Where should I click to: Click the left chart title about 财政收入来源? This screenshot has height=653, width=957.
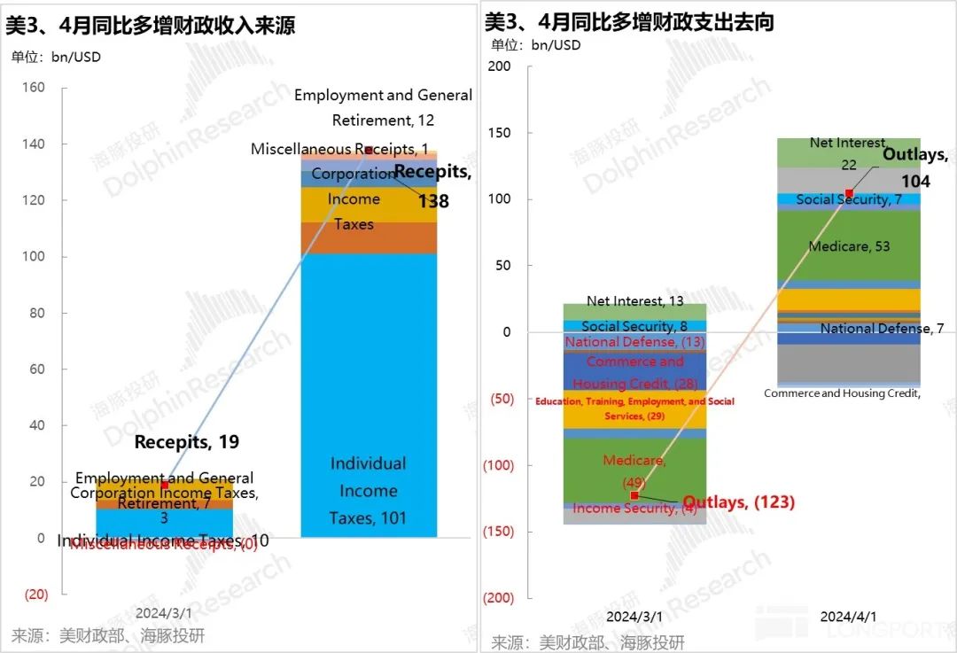(151, 26)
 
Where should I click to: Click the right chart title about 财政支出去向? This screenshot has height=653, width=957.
(629, 22)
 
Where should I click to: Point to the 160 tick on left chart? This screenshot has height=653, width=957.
(35, 88)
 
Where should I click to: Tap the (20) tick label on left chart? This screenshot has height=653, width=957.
(35, 594)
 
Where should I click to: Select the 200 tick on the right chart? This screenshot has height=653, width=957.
(500, 66)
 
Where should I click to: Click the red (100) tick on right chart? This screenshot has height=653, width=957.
(497, 465)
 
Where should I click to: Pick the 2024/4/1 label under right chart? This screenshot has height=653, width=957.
(848, 616)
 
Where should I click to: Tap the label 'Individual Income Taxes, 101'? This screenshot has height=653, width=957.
(368, 491)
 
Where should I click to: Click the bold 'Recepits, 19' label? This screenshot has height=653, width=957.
(187, 442)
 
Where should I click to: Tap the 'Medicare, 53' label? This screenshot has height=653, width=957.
(849, 246)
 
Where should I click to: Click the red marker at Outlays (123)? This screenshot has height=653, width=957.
(634, 495)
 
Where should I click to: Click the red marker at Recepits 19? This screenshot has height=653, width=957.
(164, 485)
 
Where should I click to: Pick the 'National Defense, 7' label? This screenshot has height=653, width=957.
(882, 329)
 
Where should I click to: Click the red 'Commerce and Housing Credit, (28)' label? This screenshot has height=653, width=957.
(634, 372)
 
